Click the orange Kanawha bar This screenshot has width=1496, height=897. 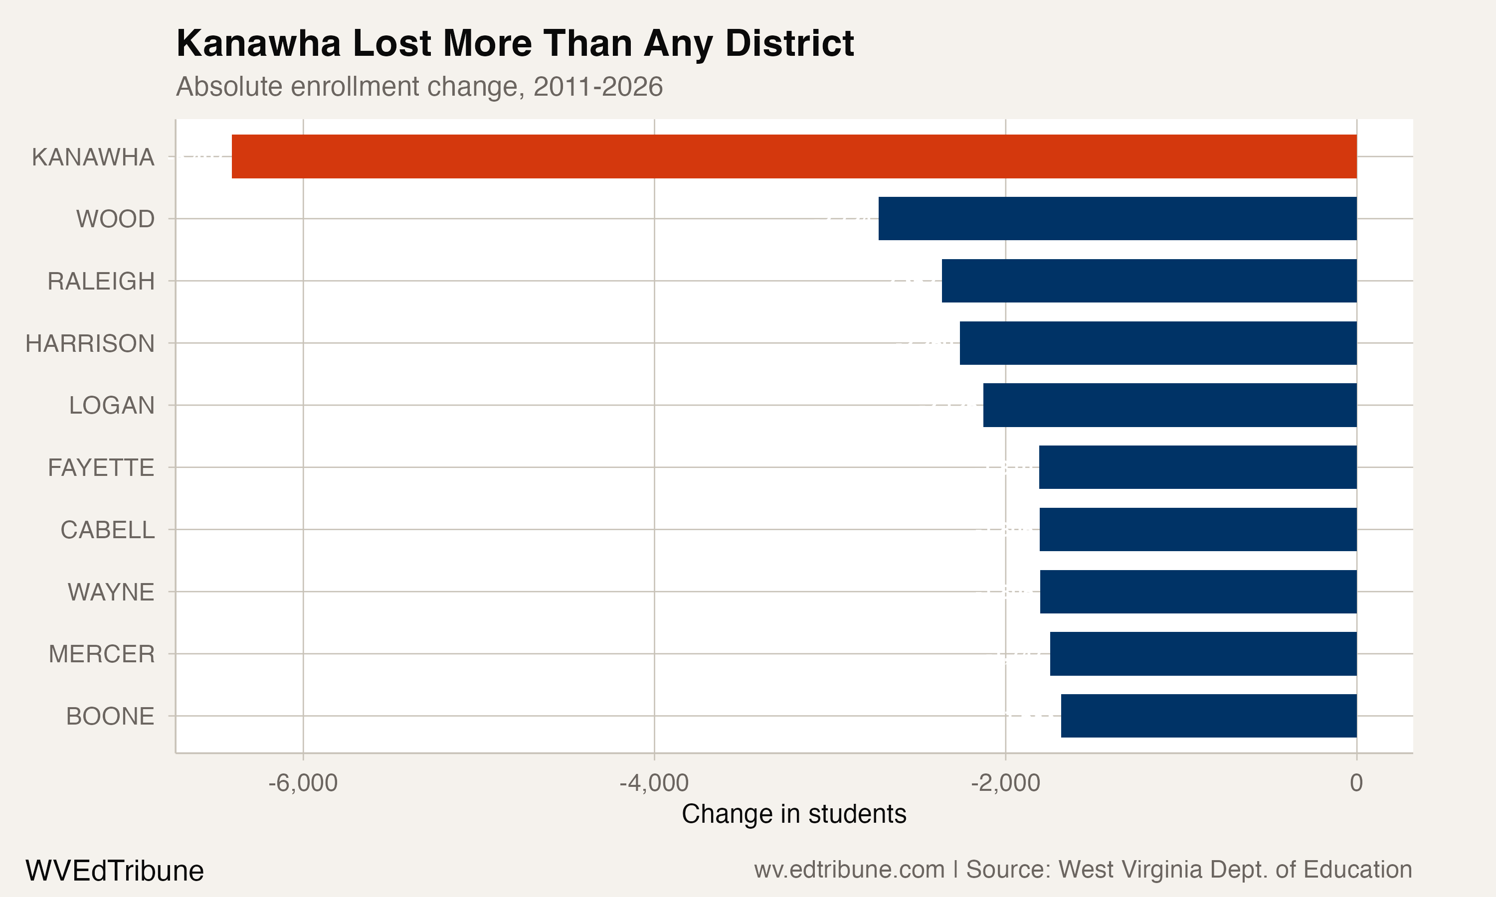tap(794, 156)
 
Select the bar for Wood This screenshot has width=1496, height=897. tap(1118, 218)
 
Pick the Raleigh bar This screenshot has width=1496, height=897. tap(1149, 281)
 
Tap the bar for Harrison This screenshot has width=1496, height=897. tap(1158, 343)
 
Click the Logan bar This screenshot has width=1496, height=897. tap(1169, 405)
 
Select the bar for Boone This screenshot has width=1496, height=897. tap(1209, 716)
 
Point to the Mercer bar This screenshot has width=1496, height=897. tap(1203, 653)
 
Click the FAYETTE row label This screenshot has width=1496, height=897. tap(101, 468)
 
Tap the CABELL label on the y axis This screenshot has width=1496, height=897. tap(108, 530)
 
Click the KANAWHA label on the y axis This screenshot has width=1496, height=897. tap(93, 157)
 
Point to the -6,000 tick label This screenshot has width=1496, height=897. tap(303, 783)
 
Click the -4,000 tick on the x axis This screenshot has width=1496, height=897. tap(654, 783)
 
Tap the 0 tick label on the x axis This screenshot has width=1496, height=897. tap(1356, 783)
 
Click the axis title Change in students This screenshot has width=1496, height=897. tap(793, 814)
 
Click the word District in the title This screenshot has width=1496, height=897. tap(790, 43)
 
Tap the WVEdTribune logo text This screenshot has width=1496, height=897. tap(114, 871)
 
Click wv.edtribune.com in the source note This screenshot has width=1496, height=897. tap(849, 870)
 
